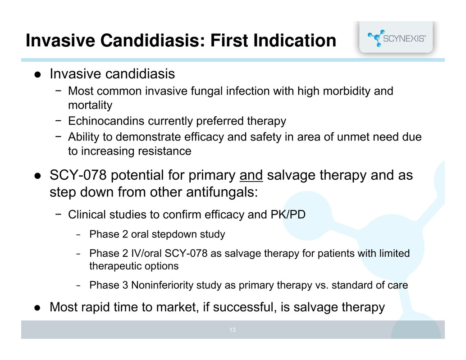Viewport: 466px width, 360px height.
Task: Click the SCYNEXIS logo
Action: point(397,38)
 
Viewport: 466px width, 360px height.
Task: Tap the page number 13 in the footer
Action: point(233,330)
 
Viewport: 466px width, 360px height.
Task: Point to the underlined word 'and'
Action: point(251,175)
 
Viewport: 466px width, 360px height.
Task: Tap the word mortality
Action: point(90,105)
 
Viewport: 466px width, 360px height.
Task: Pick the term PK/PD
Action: point(288,214)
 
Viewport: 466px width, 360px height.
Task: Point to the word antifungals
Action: point(222,192)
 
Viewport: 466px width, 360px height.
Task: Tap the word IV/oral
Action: point(146,253)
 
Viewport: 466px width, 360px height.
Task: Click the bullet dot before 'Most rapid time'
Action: point(37,307)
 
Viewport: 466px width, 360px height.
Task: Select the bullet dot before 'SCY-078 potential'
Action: point(37,176)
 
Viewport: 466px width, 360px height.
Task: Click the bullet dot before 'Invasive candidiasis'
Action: point(37,74)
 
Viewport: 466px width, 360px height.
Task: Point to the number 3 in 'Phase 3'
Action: point(125,285)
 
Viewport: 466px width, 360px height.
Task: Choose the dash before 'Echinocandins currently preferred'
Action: point(58,120)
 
